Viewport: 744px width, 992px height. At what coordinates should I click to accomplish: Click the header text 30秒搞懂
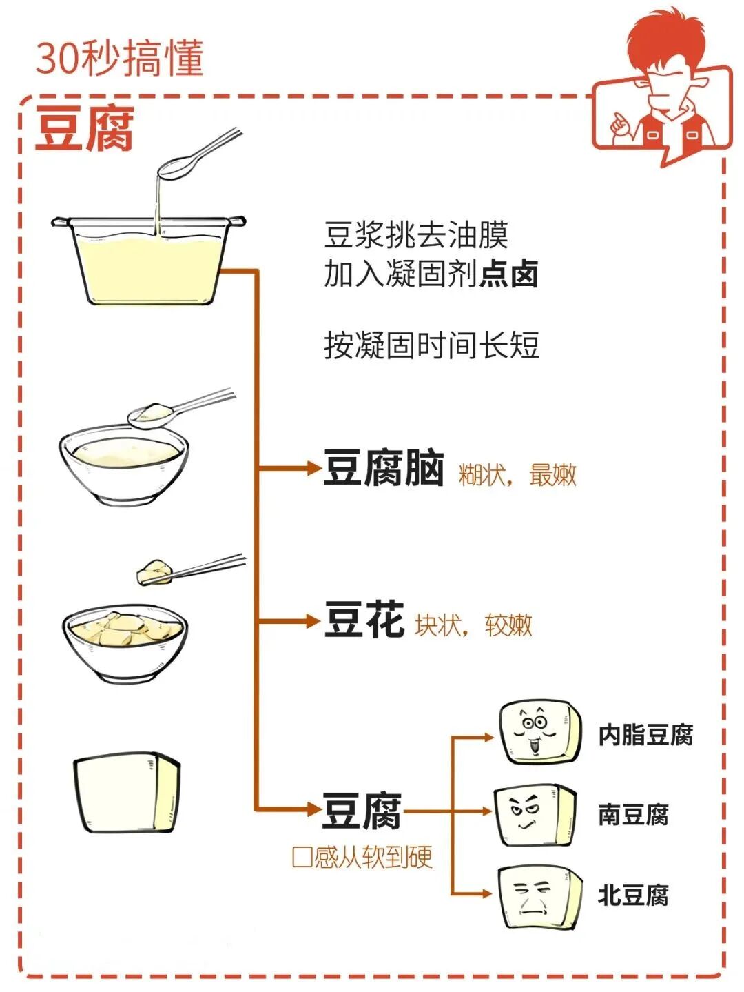pyautogui.click(x=119, y=58)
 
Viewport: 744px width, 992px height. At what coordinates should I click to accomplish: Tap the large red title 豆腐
pyautogui.click(x=84, y=128)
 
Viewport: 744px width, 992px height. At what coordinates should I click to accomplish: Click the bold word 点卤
pyautogui.click(x=509, y=274)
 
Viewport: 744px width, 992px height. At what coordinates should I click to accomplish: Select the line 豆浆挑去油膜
pyautogui.click(x=416, y=235)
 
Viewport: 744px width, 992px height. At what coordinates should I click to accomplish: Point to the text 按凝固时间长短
pyautogui.click(x=431, y=345)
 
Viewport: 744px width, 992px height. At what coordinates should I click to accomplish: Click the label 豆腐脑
pyautogui.click(x=384, y=469)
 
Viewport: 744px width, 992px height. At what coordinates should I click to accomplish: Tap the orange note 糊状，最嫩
pyautogui.click(x=517, y=475)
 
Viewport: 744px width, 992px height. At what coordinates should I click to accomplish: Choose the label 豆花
pyautogui.click(x=364, y=619)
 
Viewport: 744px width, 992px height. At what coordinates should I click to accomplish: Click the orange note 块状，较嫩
pyautogui.click(x=473, y=625)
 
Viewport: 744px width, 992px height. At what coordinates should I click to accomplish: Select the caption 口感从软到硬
pyautogui.click(x=362, y=857)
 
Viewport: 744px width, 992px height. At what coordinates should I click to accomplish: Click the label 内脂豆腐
pyautogui.click(x=645, y=735)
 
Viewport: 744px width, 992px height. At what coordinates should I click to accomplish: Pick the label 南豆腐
pyautogui.click(x=633, y=815)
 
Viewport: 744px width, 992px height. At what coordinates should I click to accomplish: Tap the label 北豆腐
pyautogui.click(x=633, y=895)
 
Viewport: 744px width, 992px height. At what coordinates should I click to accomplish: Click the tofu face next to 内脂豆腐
pyautogui.click(x=539, y=732)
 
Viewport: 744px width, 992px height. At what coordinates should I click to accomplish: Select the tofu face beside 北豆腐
pyautogui.click(x=538, y=897)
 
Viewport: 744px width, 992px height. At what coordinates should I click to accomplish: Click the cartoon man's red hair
pyautogui.click(x=661, y=41)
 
